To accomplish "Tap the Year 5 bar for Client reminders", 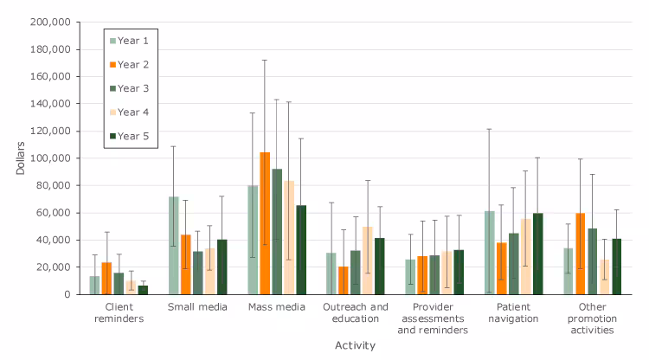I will [143, 290].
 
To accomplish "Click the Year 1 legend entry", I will [129, 40].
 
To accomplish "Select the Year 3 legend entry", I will [129, 87].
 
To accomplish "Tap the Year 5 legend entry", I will [129, 135].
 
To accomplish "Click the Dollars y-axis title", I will [21, 157].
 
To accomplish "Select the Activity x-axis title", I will [355, 345].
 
